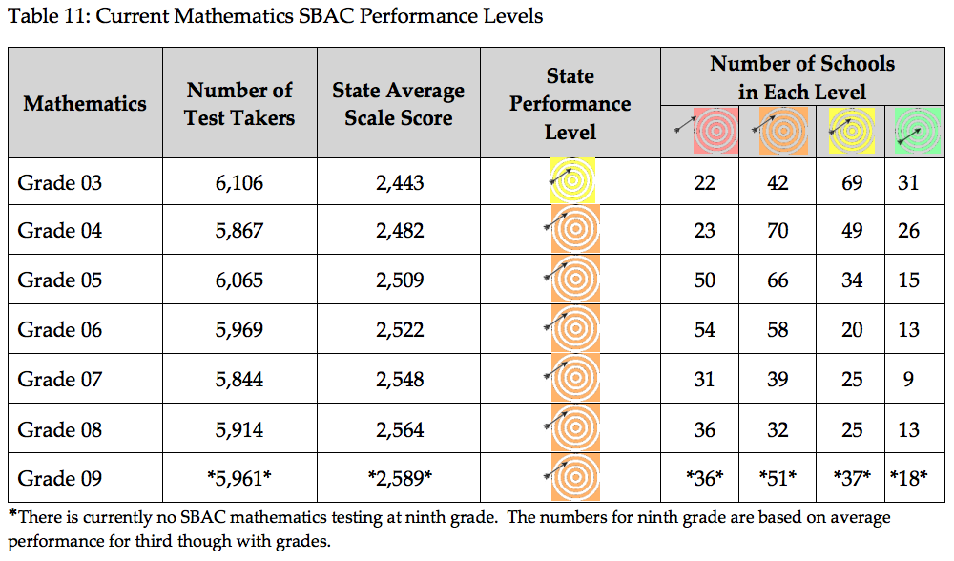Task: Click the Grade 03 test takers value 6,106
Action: coord(239,182)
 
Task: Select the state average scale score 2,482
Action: coord(398,232)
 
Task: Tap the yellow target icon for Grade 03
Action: coord(572,181)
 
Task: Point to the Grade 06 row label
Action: coord(59,330)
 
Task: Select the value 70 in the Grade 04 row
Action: coord(778,232)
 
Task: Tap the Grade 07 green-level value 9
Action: coord(908,380)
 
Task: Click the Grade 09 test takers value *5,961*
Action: coord(239,479)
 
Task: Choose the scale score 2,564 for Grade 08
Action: coord(398,429)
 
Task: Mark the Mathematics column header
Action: coord(85,103)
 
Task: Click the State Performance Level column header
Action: coord(570,103)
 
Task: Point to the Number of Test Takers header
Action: coord(239,103)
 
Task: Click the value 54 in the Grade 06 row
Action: coord(704,330)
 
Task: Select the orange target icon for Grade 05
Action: coord(572,280)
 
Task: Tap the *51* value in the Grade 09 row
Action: coord(778,479)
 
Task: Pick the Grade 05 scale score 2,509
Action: coord(398,280)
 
